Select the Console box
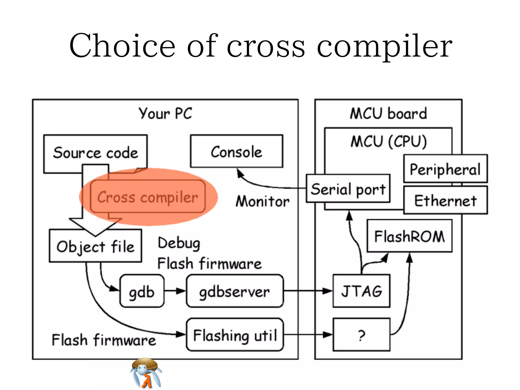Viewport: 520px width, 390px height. click(x=237, y=152)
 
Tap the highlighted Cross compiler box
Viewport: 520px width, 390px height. click(x=148, y=197)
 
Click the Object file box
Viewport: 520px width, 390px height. click(x=95, y=246)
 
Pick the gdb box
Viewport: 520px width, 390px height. click(x=142, y=291)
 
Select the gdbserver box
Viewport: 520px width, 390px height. click(x=235, y=291)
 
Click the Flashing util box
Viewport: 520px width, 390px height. click(x=235, y=335)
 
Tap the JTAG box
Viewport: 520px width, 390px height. click(x=362, y=291)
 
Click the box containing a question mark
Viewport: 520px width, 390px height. click(x=362, y=335)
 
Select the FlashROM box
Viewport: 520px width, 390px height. click(x=410, y=236)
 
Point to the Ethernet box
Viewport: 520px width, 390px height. click(x=446, y=200)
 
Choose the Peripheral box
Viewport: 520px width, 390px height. click(x=445, y=169)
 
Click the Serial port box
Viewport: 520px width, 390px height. click(x=348, y=189)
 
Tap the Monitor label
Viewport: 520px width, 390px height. click(x=263, y=201)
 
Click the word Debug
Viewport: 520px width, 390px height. click(x=179, y=243)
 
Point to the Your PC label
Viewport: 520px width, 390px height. click(x=165, y=113)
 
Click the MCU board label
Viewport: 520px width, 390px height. click(x=388, y=113)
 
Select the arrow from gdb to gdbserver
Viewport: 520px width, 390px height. click(x=175, y=291)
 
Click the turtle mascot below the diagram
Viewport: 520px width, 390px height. click(x=146, y=373)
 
